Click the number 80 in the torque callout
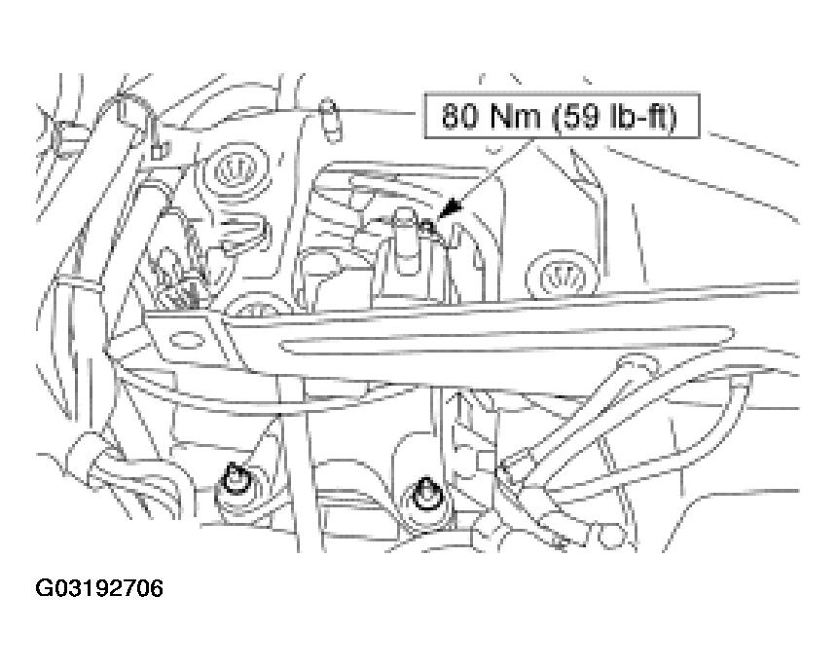point(458,116)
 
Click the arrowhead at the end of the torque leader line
point(450,210)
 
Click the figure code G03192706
point(99,588)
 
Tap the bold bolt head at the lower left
point(234,479)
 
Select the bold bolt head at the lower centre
point(425,494)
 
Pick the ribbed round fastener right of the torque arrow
point(562,277)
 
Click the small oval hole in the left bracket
point(186,340)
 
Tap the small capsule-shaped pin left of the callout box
point(331,121)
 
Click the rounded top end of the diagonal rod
point(638,367)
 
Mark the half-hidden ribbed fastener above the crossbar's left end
point(257,306)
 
